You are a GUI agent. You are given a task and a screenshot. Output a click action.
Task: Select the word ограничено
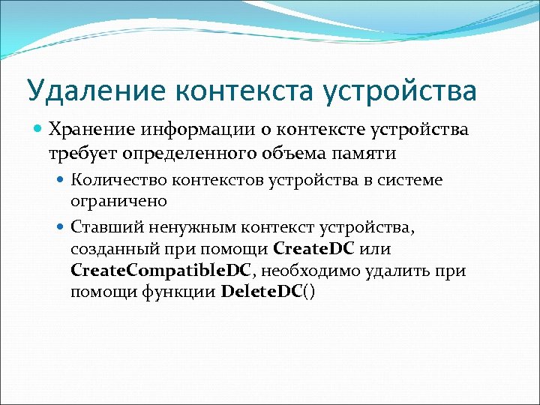[118, 201]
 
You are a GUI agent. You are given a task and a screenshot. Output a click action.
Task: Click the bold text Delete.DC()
[269, 292]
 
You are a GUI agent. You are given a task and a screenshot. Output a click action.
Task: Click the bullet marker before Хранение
[38, 130]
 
